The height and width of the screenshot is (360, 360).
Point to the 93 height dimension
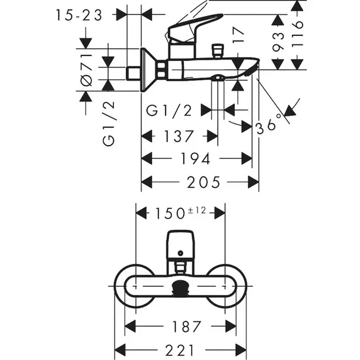pyautogui.click(x=276, y=44)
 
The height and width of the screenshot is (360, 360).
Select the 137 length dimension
pyautogui.click(x=179, y=137)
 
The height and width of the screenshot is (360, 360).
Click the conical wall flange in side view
pyautogui.click(x=149, y=69)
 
